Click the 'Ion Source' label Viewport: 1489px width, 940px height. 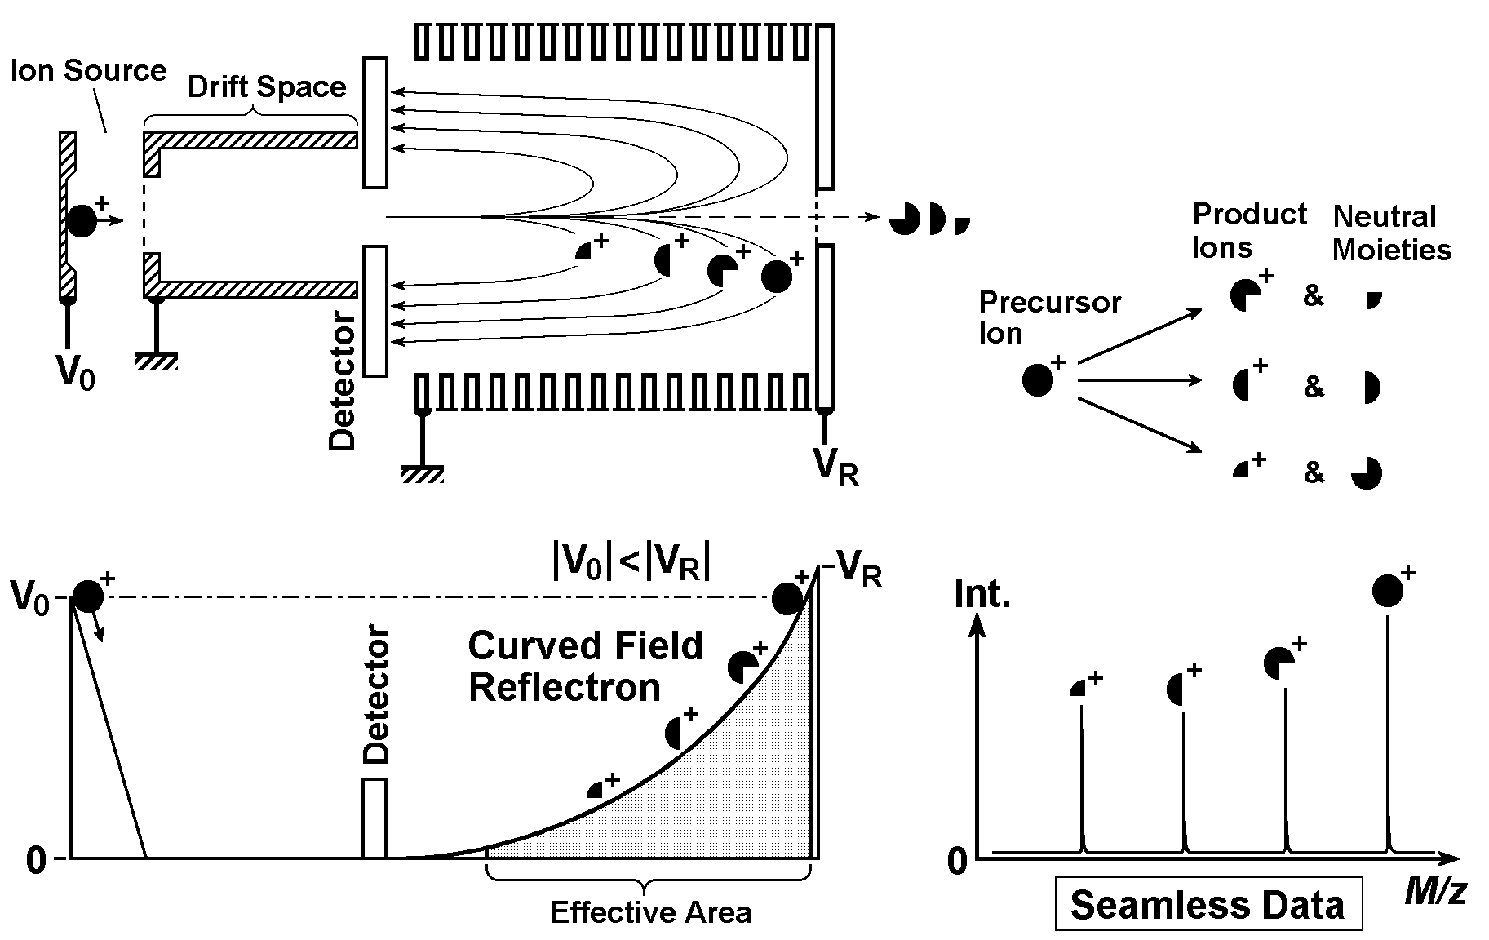click(88, 70)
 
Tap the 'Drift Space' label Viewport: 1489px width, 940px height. click(267, 87)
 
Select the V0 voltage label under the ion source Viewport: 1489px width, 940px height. click(75, 373)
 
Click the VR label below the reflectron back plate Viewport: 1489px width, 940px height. click(835, 468)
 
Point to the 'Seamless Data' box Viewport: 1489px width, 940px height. click(1208, 904)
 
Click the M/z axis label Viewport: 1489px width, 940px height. click(1435, 892)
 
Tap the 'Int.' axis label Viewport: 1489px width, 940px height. click(982, 594)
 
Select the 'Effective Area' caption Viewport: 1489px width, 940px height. click(650, 911)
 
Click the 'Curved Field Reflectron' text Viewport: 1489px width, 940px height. click(584, 667)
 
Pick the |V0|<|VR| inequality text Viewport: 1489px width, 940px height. click(630, 562)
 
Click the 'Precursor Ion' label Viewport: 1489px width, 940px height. click(1049, 317)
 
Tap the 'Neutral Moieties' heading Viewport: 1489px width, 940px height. click(1391, 233)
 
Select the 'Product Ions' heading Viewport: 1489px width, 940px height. click(1248, 230)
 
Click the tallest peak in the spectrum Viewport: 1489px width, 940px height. click(1388, 734)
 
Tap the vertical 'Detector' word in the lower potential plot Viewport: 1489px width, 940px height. click(376, 694)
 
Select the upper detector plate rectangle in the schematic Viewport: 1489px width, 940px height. click(375, 122)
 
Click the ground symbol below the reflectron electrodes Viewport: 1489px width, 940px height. click(422, 474)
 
